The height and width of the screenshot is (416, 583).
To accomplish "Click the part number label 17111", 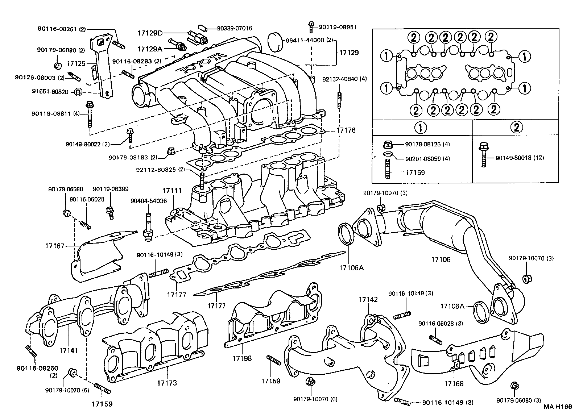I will [169, 191].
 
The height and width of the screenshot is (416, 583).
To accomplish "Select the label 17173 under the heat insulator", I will [167, 383].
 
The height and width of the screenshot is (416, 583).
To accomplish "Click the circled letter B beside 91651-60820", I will [78, 92].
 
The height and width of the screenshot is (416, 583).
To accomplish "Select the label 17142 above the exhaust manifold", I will [368, 299].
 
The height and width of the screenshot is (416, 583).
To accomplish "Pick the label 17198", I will [243, 358].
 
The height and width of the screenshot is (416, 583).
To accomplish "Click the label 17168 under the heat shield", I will [454, 383].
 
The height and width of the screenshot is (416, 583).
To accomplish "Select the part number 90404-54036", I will [149, 201].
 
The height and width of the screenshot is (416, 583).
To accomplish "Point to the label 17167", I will [55, 246].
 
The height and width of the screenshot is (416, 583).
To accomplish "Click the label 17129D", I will [150, 33].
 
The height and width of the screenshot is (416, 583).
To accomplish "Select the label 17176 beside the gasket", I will [346, 130].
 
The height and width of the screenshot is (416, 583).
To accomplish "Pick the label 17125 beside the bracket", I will [76, 64].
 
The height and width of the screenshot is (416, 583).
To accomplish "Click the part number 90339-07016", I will [235, 28].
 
